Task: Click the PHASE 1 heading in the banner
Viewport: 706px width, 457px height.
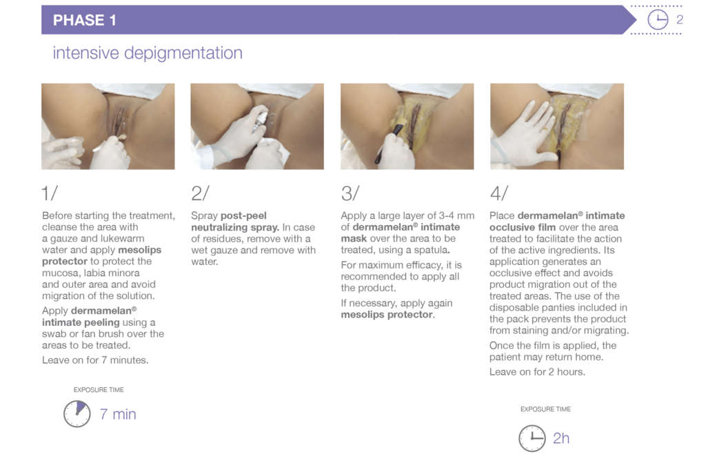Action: pos(84,20)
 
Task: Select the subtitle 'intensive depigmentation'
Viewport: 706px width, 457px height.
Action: pos(148,53)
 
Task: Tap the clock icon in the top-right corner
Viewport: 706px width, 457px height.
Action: pos(658,20)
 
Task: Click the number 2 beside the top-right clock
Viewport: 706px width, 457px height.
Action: pos(680,20)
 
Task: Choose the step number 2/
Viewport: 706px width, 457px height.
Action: pos(201,194)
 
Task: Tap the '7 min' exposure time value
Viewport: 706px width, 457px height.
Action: pos(118,414)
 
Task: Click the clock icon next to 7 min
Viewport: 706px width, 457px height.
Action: pos(77,414)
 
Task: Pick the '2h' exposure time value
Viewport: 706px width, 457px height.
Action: pos(561,438)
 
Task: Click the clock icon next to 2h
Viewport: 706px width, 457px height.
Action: pos(532,438)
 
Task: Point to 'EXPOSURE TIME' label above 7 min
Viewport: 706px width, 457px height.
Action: pos(99,390)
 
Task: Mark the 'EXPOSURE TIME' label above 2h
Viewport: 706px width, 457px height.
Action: pos(545,409)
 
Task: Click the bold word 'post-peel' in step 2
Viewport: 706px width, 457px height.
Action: pos(243,216)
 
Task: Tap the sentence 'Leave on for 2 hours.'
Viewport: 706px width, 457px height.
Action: pos(537,372)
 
